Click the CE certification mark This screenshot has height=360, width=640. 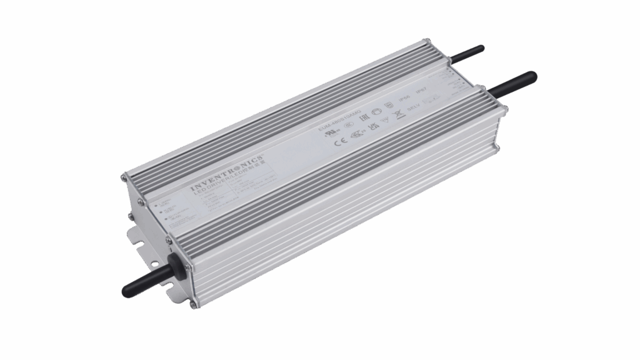[x=335, y=141]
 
